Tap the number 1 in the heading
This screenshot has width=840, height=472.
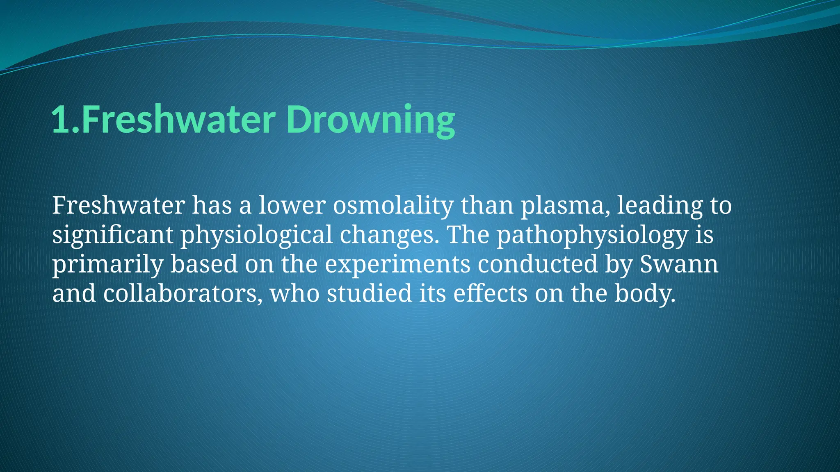tap(60, 120)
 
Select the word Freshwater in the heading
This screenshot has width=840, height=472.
tap(178, 120)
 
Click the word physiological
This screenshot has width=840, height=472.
tap(256, 236)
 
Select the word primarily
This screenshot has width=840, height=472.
tap(107, 265)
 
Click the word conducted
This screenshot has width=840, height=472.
tap(537, 264)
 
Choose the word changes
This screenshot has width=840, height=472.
tap(387, 236)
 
